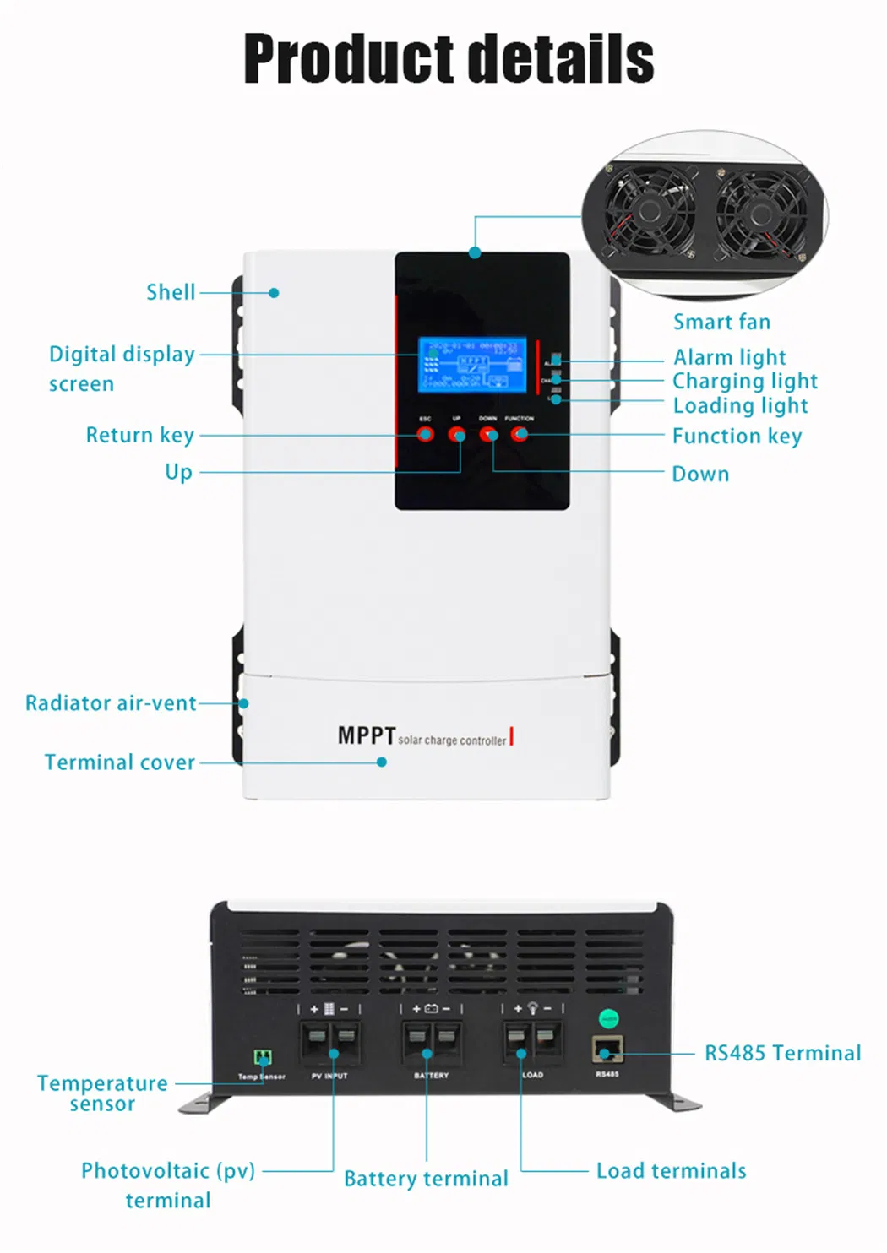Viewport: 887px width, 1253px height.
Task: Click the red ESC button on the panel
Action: pos(426,434)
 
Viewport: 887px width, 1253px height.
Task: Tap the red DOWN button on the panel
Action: pos(488,434)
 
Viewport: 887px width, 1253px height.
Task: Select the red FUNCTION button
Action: pos(520,434)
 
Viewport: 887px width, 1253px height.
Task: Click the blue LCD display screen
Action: pos(472,365)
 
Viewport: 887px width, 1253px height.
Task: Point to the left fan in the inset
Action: pos(650,210)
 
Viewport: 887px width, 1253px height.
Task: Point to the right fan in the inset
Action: pos(761,210)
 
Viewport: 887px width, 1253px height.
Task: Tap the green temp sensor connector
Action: pos(263,1058)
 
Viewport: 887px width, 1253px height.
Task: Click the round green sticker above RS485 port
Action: pos(608,1019)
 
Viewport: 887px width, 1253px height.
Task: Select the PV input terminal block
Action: pos(330,1044)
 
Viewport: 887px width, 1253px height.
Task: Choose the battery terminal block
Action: pos(432,1044)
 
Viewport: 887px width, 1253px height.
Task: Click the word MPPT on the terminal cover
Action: pos(367,735)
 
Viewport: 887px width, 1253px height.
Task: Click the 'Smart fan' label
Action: pos(721,322)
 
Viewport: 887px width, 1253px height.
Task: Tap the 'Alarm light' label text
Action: pos(729,357)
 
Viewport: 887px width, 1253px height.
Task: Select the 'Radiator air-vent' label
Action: pos(111,703)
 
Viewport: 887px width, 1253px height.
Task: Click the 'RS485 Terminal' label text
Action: pos(782,1053)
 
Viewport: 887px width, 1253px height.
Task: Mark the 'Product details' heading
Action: pos(449,59)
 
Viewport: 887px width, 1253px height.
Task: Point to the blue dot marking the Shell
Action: pos(274,293)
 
